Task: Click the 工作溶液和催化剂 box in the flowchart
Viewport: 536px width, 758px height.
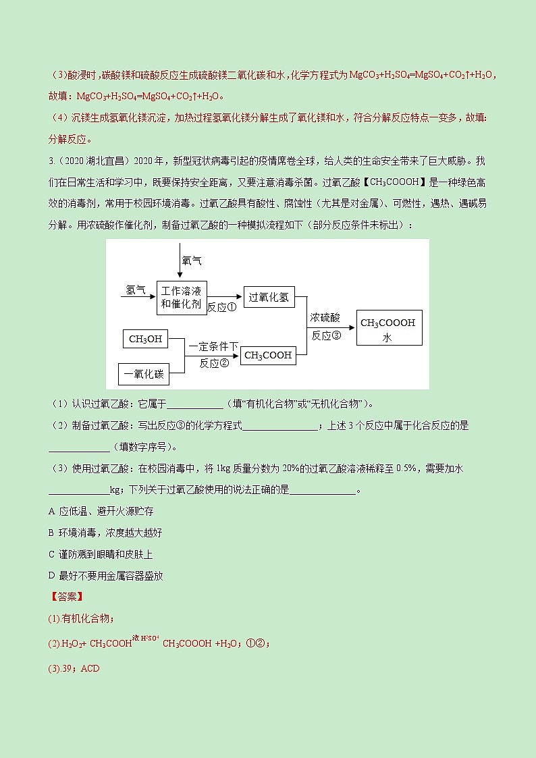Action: (x=181, y=297)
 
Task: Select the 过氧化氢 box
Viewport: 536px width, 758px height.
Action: (x=269, y=297)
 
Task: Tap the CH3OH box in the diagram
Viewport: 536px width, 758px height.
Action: (x=145, y=339)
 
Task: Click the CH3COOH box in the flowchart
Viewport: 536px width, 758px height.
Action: (x=268, y=355)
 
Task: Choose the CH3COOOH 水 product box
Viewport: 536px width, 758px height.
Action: (x=387, y=329)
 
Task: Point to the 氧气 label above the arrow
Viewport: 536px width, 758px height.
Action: (x=192, y=261)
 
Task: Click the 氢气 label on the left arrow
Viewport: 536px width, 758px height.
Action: (x=136, y=290)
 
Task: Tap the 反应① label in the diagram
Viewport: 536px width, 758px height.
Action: (x=221, y=307)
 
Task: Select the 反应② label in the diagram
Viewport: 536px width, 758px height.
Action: (x=214, y=363)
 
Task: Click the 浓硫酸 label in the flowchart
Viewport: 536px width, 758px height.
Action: (x=325, y=317)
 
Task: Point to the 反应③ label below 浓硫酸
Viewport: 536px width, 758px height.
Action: (x=326, y=334)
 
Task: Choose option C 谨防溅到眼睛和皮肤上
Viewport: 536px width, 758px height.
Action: (x=102, y=554)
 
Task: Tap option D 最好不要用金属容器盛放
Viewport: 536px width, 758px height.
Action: (x=106, y=576)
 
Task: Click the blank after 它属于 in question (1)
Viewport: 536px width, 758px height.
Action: (x=194, y=405)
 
